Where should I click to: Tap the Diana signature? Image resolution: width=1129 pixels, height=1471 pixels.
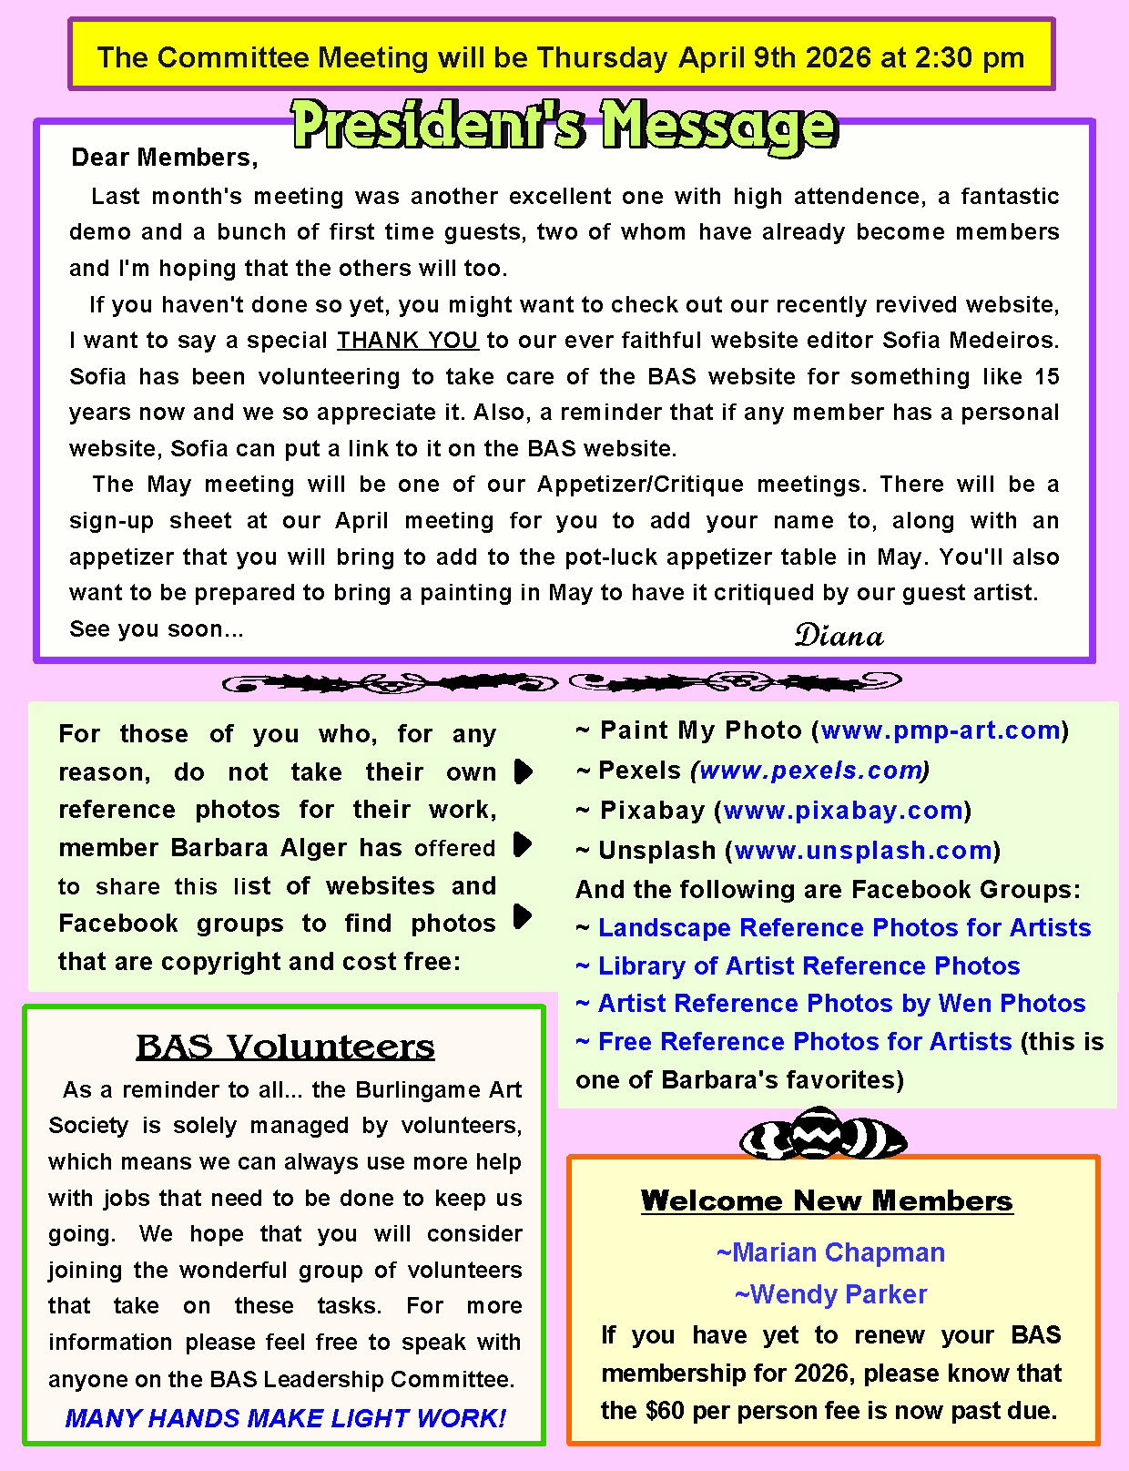(x=839, y=635)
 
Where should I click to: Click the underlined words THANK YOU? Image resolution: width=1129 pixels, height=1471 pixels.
(x=407, y=341)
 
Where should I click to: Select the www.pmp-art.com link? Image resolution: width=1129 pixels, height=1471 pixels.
(x=941, y=730)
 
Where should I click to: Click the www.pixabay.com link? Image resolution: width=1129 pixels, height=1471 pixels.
(x=843, y=811)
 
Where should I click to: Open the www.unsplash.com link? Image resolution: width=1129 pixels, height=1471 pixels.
(x=862, y=851)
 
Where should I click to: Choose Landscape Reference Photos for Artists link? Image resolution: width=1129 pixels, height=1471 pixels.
(x=844, y=928)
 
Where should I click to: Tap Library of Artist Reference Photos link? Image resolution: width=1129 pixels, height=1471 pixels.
(x=809, y=966)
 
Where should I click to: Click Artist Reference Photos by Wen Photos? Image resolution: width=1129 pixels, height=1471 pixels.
(x=841, y=1004)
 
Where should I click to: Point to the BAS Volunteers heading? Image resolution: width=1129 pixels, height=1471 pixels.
(x=285, y=1047)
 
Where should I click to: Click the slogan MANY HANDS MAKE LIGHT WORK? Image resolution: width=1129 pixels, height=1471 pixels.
(x=285, y=1418)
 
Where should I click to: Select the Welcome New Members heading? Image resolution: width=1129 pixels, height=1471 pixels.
(x=827, y=1200)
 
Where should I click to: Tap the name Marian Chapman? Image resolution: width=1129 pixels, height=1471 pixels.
(x=830, y=1253)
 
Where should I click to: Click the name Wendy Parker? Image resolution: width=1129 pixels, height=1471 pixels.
(x=830, y=1294)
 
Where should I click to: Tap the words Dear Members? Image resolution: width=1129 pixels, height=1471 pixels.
(x=164, y=158)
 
